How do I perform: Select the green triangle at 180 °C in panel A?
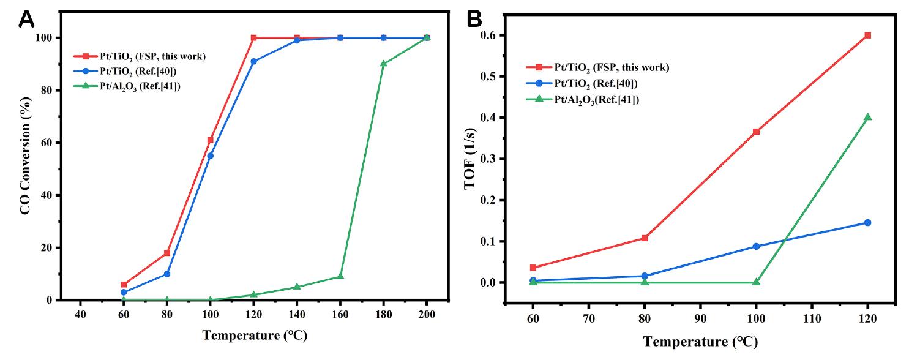[x=383, y=64]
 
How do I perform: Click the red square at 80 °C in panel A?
[x=166, y=253]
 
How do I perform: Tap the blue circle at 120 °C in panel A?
[x=253, y=61]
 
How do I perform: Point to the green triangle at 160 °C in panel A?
[x=340, y=276]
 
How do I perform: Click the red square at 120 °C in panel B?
[x=867, y=36]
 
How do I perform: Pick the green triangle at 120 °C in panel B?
[x=867, y=117]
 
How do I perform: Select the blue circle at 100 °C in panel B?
[x=756, y=246]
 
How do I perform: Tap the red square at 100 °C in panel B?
[x=756, y=132]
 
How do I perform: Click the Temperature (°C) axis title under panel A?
[x=254, y=336]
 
